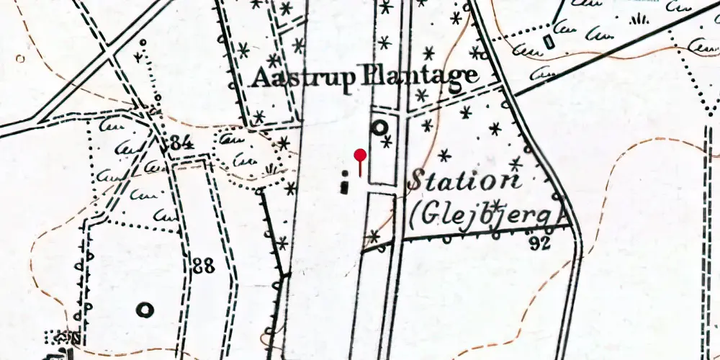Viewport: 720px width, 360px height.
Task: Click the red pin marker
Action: tap(360, 155)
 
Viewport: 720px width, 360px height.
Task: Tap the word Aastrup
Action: tap(302, 77)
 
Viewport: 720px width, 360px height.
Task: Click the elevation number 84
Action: tap(179, 143)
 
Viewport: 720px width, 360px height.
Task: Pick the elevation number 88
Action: tap(204, 266)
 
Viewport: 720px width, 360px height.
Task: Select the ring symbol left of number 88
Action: tap(145, 310)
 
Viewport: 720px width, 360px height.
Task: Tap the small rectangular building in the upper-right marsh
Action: tap(551, 42)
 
